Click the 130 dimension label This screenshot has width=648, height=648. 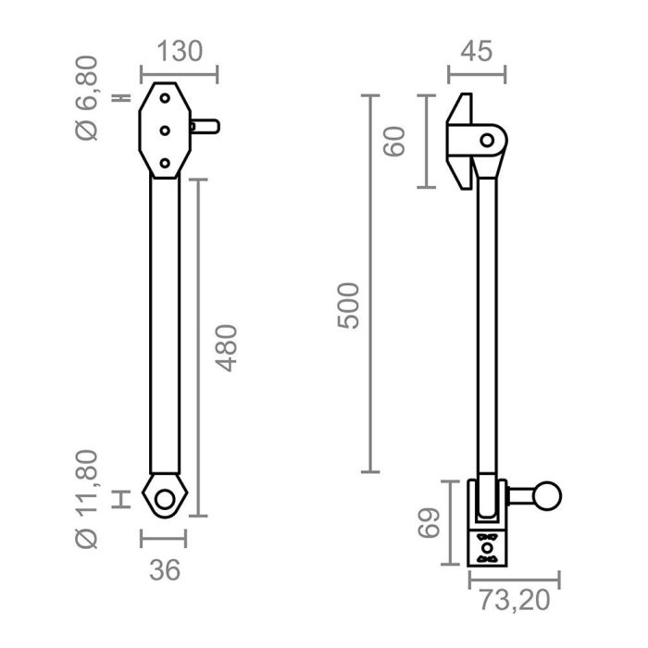tap(179, 51)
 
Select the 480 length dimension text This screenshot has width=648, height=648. tap(225, 348)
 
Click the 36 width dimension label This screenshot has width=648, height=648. tap(164, 570)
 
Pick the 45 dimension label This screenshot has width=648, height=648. tap(477, 51)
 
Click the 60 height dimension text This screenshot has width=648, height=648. tap(396, 142)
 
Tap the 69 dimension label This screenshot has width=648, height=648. tap(427, 523)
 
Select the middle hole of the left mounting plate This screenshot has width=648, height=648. tap(165, 131)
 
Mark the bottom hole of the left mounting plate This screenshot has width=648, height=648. tap(165, 163)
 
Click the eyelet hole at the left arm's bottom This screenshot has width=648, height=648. tap(165, 499)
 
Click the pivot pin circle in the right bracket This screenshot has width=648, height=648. tap(487, 141)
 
